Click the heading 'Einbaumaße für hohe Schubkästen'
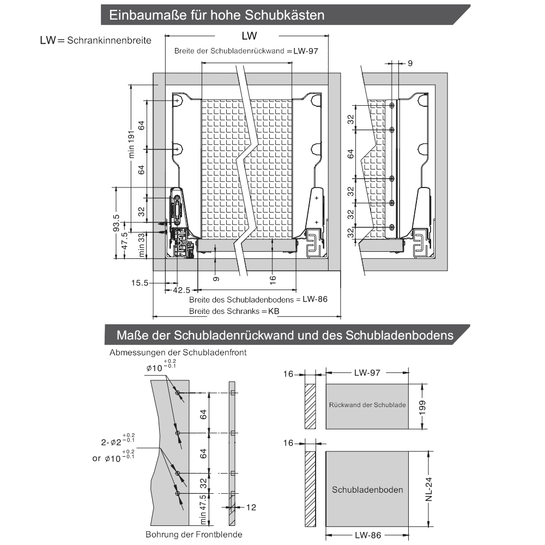[x=216, y=15]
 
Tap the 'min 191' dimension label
[x=131, y=144]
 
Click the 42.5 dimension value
[x=181, y=290]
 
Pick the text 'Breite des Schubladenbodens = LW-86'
[x=258, y=300]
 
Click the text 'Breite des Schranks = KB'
[x=234, y=311]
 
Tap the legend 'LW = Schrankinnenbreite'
[x=95, y=40]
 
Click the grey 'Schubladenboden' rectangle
[x=367, y=489]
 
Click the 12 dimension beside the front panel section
[x=251, y=507]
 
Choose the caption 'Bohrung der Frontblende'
[x=193, y=534]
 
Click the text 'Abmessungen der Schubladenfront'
[x=178, y=353]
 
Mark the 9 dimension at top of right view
[x=409, y=63]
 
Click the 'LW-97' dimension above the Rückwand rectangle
[x=367, y=373]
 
